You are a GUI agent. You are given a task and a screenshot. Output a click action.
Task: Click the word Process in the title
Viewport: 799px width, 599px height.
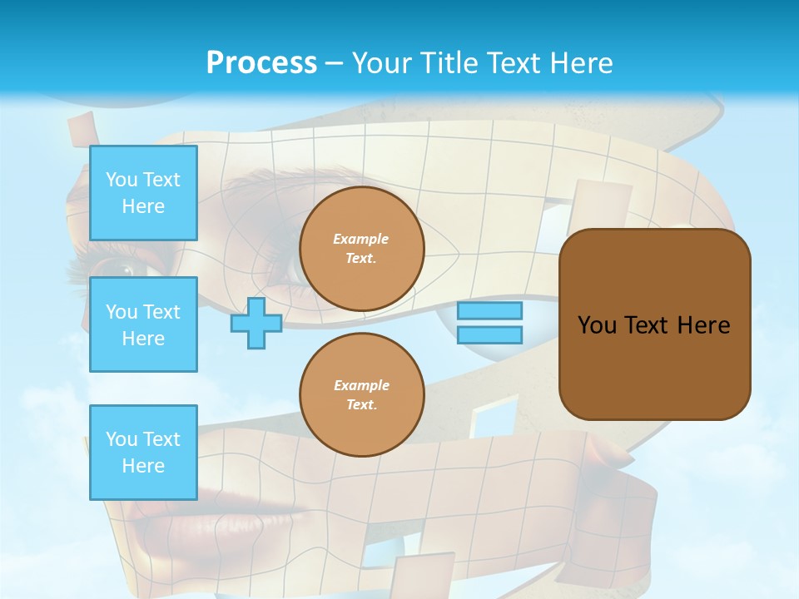coord(261,63)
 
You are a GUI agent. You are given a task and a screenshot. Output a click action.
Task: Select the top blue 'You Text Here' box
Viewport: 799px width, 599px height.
coord(143,193)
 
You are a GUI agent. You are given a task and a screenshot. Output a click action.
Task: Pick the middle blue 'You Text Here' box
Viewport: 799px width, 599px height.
coord(143,324)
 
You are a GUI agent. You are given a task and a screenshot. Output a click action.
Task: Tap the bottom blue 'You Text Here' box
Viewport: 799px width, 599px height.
coord(143,453)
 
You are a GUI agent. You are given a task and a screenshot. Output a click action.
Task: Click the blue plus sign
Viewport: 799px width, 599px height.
coord(256,323)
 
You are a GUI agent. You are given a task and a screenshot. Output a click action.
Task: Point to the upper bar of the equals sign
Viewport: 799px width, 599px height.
coord(489,310)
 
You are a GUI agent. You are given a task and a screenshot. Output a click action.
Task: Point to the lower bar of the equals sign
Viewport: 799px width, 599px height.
coord(489,334)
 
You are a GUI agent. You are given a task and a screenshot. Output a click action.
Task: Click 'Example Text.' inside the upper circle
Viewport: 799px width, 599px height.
coord(361,248)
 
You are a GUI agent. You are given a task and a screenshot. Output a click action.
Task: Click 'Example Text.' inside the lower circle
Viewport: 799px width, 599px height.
coord(361,394)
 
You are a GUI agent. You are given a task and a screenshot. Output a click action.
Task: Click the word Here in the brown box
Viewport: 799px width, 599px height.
coord(703,325)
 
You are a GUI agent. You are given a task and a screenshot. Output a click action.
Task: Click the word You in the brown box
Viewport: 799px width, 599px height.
coord(597,325)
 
